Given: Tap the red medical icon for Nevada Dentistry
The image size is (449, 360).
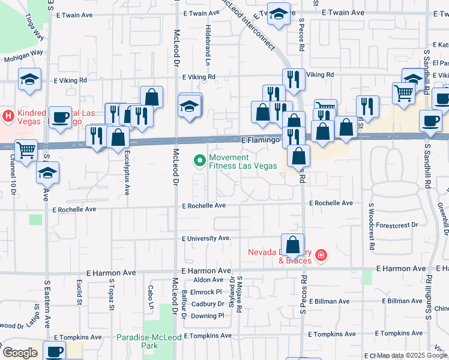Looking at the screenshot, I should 322,256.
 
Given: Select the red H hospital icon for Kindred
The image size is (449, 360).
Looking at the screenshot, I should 8,114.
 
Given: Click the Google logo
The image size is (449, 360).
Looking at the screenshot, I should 20,353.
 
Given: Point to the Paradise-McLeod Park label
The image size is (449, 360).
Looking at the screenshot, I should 137,341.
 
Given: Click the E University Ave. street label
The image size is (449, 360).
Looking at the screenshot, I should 207,238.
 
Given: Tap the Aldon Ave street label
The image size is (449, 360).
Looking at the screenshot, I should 208,280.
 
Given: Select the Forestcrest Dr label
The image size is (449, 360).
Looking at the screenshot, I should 398,225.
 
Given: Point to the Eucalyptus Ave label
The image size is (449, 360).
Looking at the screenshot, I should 127,173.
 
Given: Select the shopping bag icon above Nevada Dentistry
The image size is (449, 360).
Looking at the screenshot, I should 292,245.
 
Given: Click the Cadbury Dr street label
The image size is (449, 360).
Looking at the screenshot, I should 208,304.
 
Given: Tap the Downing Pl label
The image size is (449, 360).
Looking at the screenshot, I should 208,316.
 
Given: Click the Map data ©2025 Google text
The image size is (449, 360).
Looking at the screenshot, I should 412,356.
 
